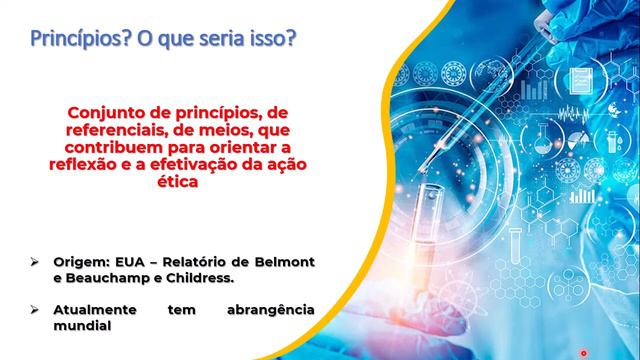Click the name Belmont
tap(284, 262)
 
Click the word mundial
tap(82, 327)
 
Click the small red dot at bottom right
tap(584, 352)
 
